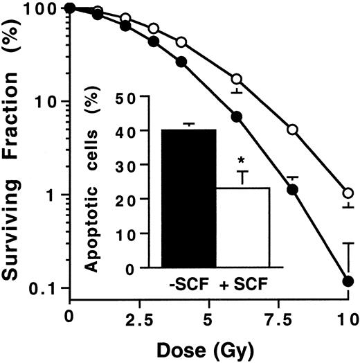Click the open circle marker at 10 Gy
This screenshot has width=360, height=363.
(348, 193)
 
